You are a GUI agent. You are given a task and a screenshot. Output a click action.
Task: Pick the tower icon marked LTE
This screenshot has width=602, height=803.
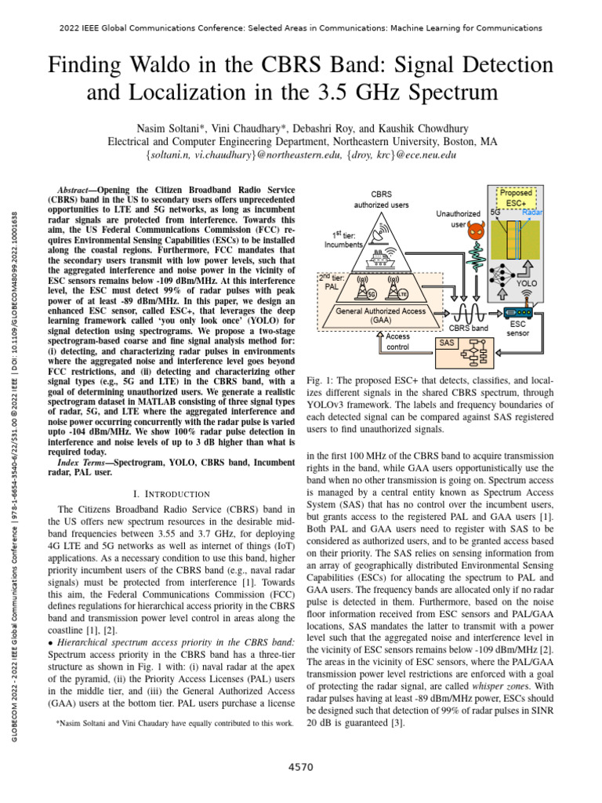click(x=400, y=288)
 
